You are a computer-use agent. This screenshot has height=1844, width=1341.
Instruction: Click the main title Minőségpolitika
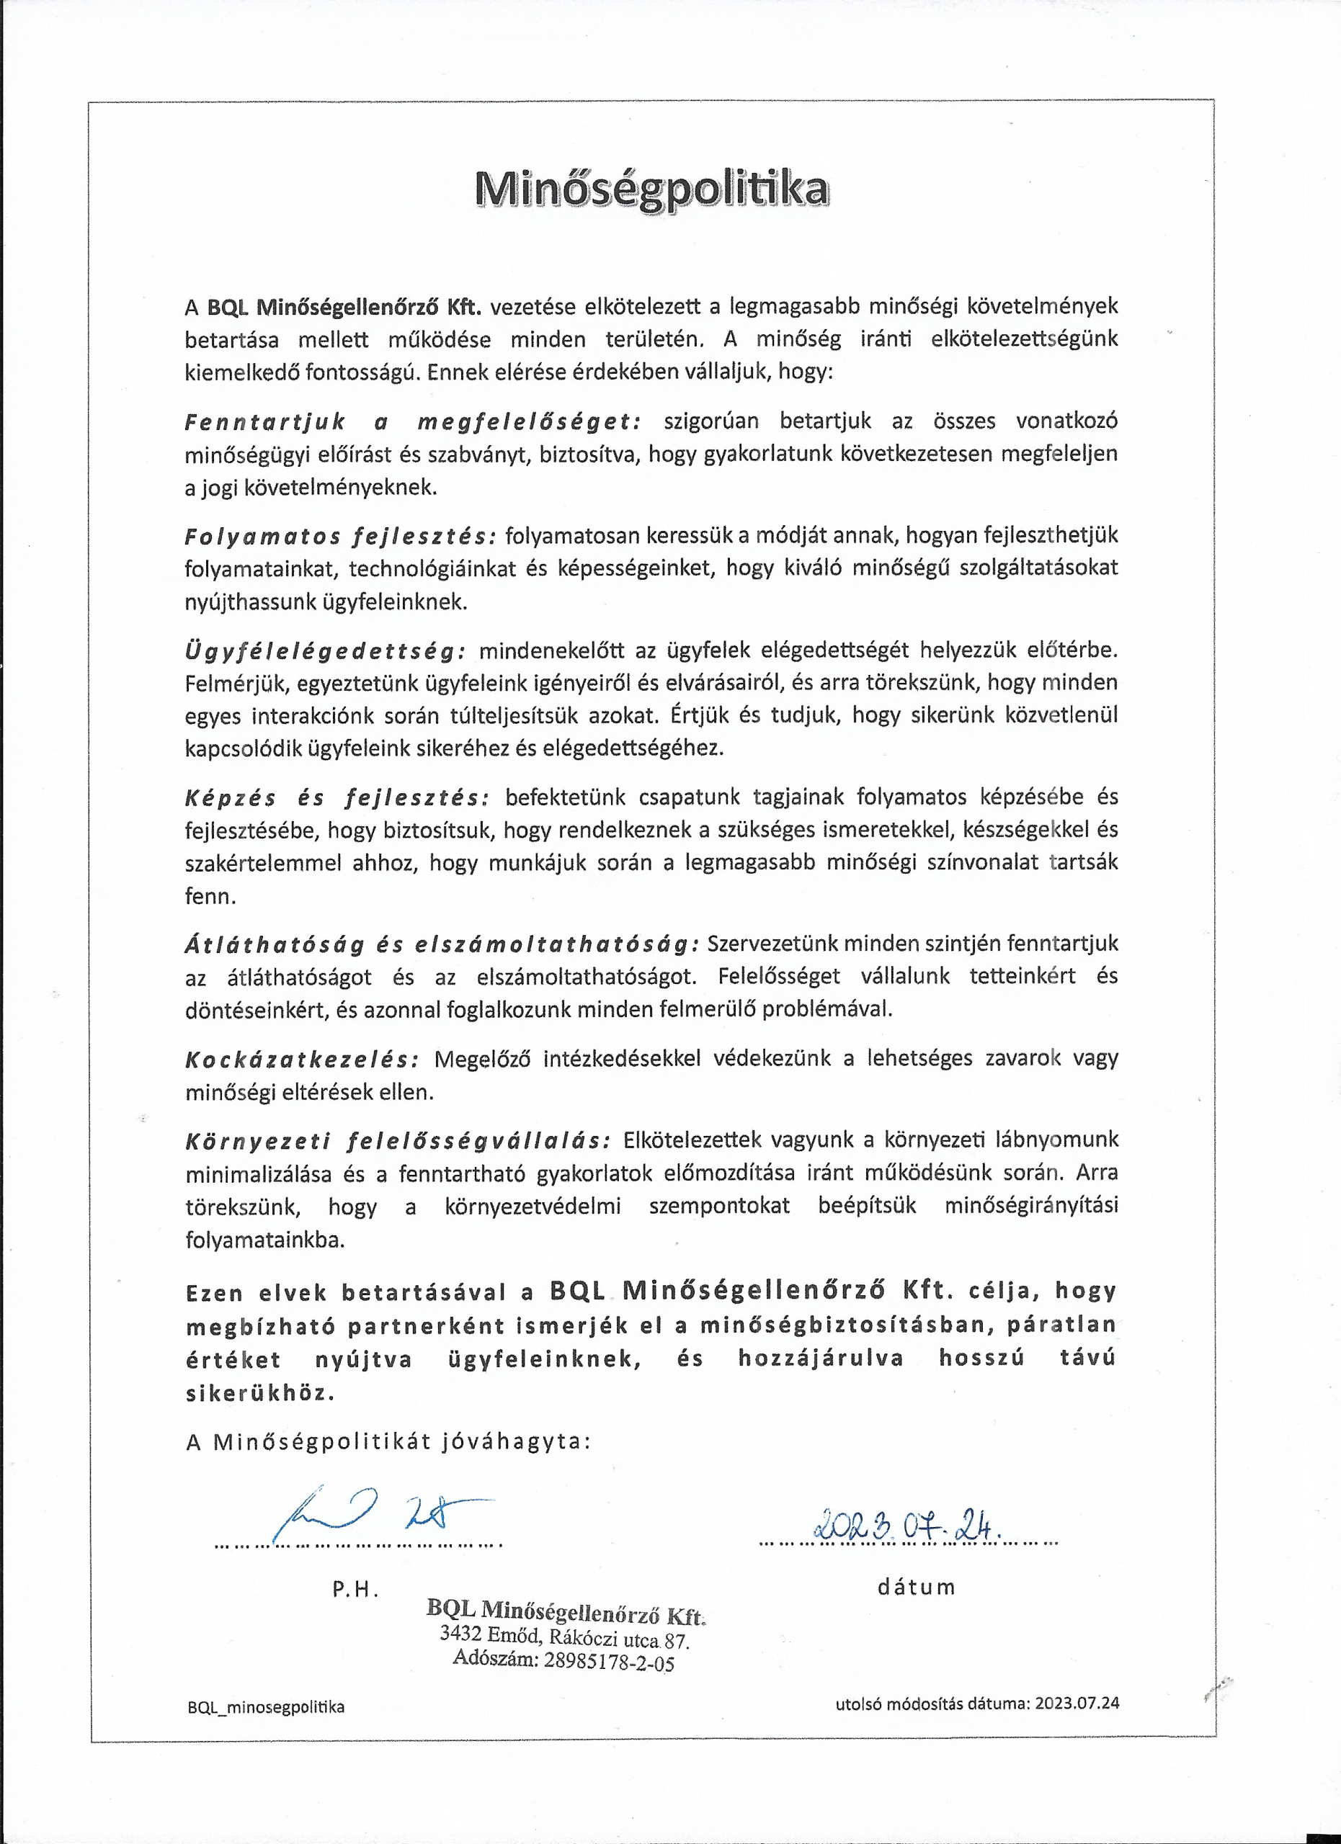651,188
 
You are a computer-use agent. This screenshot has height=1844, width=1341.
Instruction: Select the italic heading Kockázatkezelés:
302,1060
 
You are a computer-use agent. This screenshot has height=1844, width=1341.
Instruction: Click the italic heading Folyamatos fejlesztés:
340,537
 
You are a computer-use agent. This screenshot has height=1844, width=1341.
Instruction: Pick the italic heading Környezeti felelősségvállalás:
398,1141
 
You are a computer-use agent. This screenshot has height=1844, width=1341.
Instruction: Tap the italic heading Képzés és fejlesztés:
337,797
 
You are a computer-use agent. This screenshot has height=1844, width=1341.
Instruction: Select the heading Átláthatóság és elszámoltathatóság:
442,944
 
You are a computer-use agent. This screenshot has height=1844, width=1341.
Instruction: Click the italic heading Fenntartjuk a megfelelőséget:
412,422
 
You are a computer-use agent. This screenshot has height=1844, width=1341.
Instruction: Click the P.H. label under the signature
355,1589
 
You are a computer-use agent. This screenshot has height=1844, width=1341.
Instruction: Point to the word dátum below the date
916,1586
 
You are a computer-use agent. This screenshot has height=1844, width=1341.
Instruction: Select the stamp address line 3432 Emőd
564,1636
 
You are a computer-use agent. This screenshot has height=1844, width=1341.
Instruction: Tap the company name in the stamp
566,1611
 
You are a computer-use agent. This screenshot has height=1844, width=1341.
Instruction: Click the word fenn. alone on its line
210,897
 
